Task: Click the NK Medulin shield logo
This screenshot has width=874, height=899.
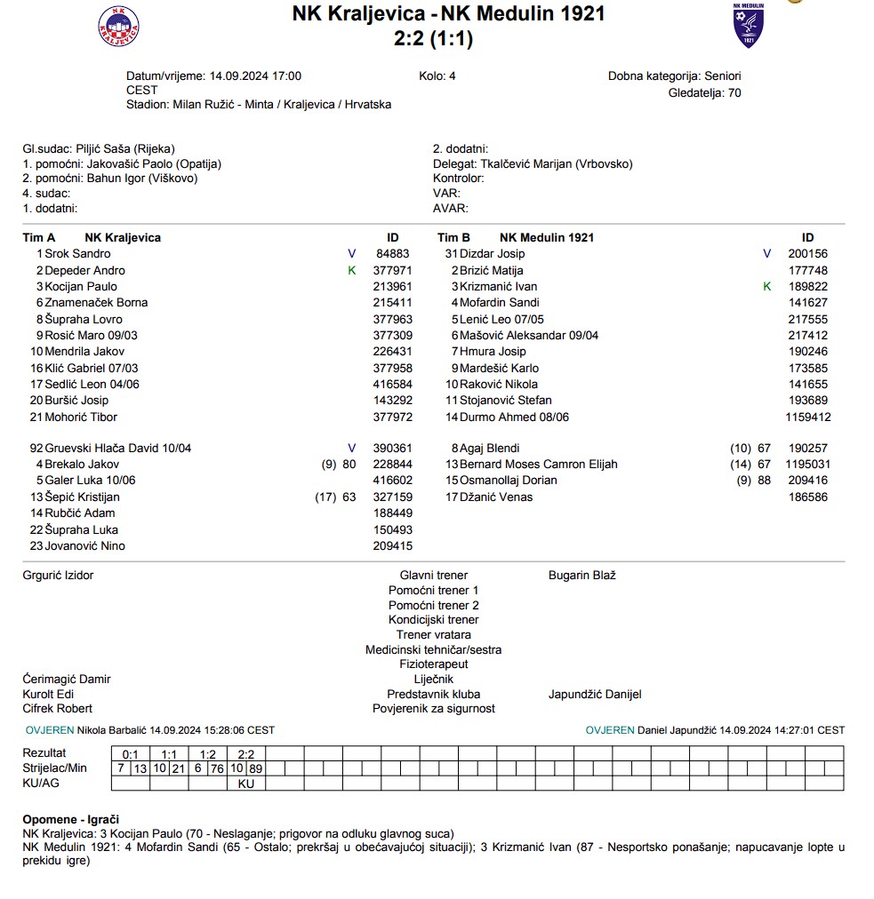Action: [748, 26]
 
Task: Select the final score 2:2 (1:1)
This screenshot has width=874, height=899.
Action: [433, 38]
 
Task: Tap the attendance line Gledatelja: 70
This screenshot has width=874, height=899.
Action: [704, 92]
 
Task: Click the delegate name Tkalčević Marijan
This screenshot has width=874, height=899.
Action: [557, 163]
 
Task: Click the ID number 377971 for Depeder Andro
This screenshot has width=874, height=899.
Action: [392, 270]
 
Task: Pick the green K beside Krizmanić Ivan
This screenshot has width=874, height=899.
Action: [767, 286]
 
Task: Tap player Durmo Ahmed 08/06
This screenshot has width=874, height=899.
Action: [514, 417]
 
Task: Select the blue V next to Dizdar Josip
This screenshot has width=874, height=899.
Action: [767, 254]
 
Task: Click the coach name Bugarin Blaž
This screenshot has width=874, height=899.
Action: [582, 576]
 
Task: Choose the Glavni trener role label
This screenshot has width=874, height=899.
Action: [433, 576]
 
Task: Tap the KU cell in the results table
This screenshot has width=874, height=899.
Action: [246, 784]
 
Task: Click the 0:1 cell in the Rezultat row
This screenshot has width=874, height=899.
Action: [131, 753]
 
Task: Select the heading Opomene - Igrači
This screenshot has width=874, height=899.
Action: [71, 819]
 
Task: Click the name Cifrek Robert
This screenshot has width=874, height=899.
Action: [57, 709]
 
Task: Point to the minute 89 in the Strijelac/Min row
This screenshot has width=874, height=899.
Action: [256, 768]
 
